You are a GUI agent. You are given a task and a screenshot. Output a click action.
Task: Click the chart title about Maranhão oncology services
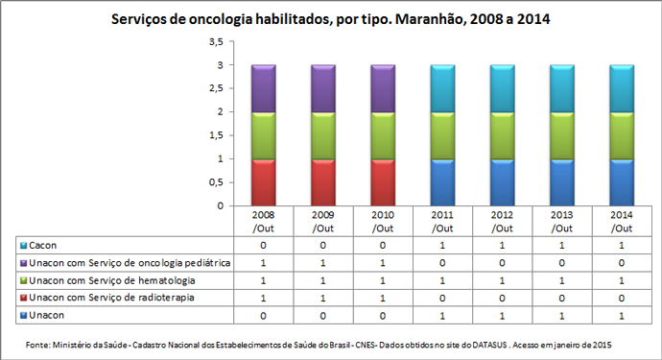click(x=331, y=18)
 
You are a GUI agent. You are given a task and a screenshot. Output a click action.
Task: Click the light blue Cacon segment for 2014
click(x=622, y=88)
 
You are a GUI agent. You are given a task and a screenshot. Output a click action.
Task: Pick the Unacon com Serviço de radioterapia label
click(x=109, y=298)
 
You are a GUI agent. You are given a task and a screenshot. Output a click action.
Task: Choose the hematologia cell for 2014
click(x=622, y=280)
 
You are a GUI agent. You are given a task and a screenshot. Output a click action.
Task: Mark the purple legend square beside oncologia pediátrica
click(x=22, y=263)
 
